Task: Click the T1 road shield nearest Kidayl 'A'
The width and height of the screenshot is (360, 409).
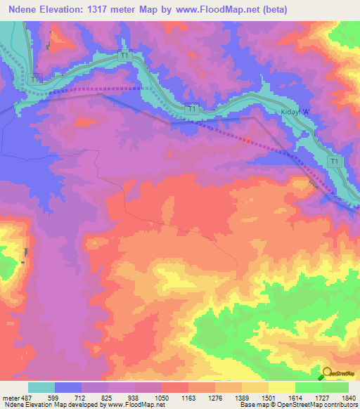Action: point(335,162)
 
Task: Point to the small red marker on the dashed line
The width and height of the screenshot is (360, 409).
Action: point(247,139)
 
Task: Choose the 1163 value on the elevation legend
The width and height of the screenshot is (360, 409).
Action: point(188,397)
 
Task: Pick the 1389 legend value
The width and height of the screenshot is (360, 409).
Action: point(242,397)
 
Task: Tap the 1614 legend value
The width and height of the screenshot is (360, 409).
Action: point(295,397)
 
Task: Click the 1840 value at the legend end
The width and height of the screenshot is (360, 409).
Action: point(349,397)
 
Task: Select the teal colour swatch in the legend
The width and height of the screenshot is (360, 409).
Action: point(41,387)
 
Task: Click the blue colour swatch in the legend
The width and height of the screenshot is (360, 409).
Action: point(68,387)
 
